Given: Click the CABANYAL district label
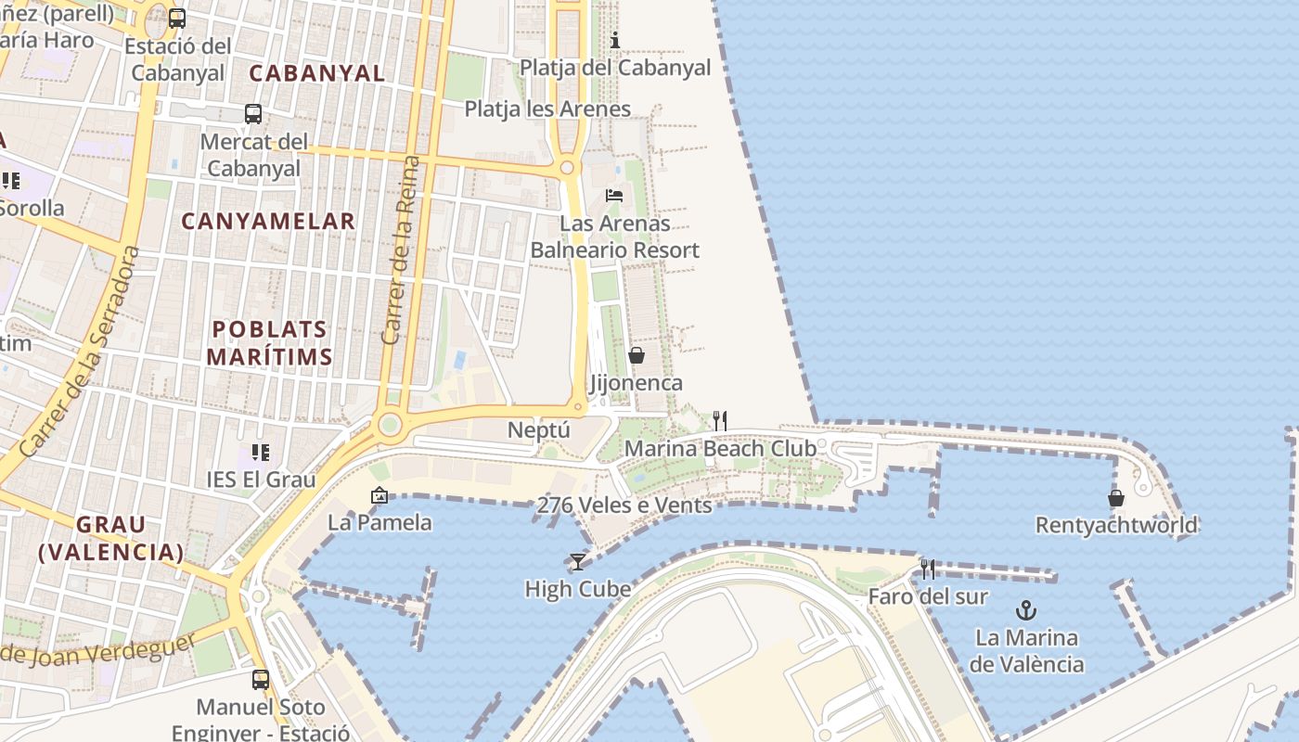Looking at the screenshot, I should coord(317,73).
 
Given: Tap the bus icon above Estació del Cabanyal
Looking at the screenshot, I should coord(177,18).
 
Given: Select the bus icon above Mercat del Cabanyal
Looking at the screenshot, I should coord(253,114).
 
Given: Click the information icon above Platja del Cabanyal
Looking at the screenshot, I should coord(614,40).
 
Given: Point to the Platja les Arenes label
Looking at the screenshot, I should coord(547,109).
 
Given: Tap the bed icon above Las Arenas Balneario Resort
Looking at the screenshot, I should coord(614,196).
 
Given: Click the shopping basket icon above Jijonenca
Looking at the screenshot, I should coord(637,355).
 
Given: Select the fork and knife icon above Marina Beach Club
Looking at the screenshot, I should coord(719,421).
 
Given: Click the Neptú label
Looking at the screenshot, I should coord(539,430).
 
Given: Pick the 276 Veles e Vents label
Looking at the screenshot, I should coord(624,505).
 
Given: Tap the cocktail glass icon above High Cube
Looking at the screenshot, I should coord(577,562).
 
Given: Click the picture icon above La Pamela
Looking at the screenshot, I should coord(379,495).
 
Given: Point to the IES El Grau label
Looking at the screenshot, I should coord(261,480).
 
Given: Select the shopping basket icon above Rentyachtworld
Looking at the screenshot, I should coord(1116,498).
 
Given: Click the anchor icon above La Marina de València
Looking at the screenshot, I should coord(1025,610).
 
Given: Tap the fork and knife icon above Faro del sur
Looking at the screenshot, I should coord(927,569).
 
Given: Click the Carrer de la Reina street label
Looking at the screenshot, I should coord(401,250).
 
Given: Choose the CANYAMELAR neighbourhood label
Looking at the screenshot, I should coord(268,221).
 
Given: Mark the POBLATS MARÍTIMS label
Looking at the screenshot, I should coord(269,343).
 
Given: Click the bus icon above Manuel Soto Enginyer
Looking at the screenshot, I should coord(261,680).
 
